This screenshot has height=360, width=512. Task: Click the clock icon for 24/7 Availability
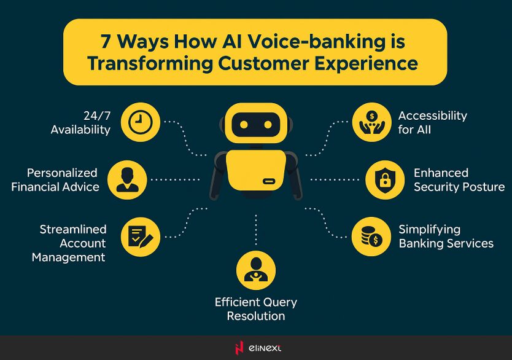[x=140, y=122]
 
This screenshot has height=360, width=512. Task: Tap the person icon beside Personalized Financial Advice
[x=127, y=180]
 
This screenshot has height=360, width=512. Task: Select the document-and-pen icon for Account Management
[x=140, y=237]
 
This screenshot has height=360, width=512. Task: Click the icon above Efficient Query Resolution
[x=256, y=271]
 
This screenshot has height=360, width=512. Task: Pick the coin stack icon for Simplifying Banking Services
[x=371, y=237]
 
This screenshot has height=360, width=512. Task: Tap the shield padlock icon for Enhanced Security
[x=385, y=180]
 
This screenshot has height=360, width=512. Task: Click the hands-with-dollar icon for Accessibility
[x=371, y=122]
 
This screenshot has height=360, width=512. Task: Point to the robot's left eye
[x=243, y=125]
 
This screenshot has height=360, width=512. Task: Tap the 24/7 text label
[x=97, y=115]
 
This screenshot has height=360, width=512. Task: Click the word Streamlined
[x=73, y=229]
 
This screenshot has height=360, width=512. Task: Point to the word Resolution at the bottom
[x=256, y=316]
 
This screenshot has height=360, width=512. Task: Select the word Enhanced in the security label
[x=441, y=173]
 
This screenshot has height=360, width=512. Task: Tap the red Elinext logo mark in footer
[x=239, y=348]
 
